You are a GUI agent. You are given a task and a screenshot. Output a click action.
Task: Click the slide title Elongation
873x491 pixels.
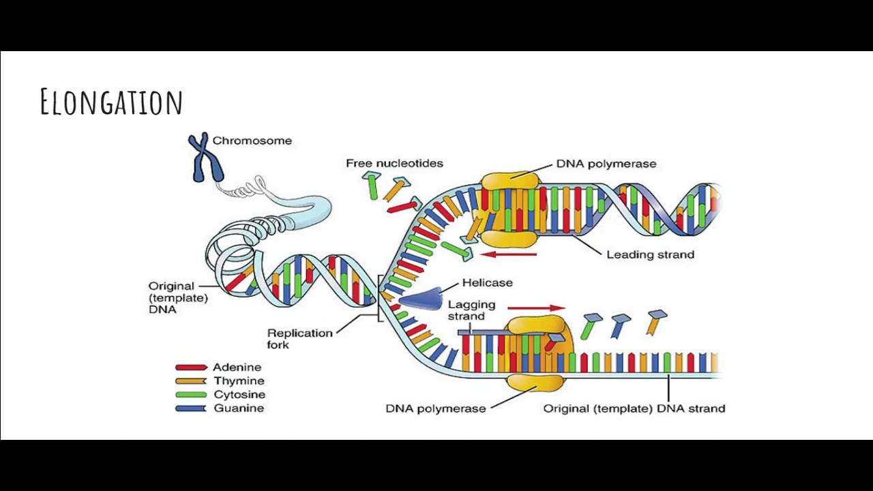pyautogui.click(x=111, y=102)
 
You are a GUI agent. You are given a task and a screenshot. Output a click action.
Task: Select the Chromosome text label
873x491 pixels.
pyautogui.click(x=252, y=140)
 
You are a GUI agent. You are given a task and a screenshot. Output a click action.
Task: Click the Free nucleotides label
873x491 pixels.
pyautogui.click(x=394, y=163)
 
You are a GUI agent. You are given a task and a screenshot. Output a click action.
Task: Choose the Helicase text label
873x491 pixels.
pyautogui.click(x=487, y=282)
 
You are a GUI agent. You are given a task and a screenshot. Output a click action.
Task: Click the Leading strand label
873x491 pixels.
pyautogui.click(x=650, y=254)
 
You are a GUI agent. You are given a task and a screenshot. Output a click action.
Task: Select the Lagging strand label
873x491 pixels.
pyautogui.click(x=471, y=310)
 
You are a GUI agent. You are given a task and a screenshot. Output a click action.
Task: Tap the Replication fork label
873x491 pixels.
pyautogui.click(x=299, y=338)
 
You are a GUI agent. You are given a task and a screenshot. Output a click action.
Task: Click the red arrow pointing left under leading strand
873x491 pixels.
pyautogui.click(x=509, y=254)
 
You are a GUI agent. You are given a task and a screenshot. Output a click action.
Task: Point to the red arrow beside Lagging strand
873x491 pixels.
pyautogui.click(x=536, y=308)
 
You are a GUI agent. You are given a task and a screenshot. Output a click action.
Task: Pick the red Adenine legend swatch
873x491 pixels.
pyautogui.click(x=191, y=368)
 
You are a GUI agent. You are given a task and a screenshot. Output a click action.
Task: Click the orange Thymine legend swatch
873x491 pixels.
pyautogui.click(x=191, y=381)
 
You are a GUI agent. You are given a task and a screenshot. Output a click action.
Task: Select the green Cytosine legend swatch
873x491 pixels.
pyautogui.click(x=191, y=395)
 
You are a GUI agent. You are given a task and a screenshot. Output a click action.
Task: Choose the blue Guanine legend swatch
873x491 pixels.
pyautogui.click(x=191, y=408)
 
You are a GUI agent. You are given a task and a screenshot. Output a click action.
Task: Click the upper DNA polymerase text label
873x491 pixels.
pyautogui.click(x=606, y=164)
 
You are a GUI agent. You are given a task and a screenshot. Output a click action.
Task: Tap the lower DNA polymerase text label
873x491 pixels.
pyautogui.click(x=435, y=408)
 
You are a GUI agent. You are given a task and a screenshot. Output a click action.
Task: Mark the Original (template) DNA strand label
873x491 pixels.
pyautogui.click(x=634, y=408)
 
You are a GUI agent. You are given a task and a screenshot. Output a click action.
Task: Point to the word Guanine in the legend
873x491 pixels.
pyautogui.click(x=239, y=408)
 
